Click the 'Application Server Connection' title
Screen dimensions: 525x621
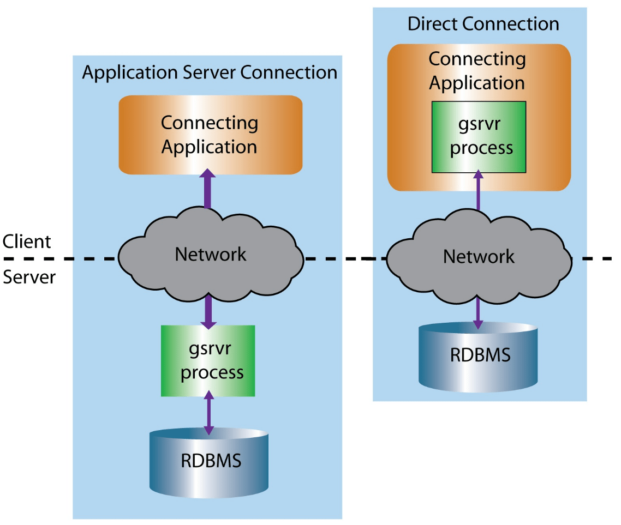point(210,73)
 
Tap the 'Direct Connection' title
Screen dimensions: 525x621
point(483,24)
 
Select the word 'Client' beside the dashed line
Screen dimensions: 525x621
point(26,242)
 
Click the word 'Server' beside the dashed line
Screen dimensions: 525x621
point(29,277)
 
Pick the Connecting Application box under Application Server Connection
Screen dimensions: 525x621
point(210,135)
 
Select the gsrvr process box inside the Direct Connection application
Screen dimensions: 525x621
point(479,137)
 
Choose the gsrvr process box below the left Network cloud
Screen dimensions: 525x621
point(208,361)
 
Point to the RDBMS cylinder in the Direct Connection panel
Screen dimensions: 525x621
point(478,355)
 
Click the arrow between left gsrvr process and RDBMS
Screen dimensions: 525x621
point(208,413)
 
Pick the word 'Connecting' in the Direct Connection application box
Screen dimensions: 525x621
point(477,59)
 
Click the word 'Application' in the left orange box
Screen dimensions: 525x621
point(210,147)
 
